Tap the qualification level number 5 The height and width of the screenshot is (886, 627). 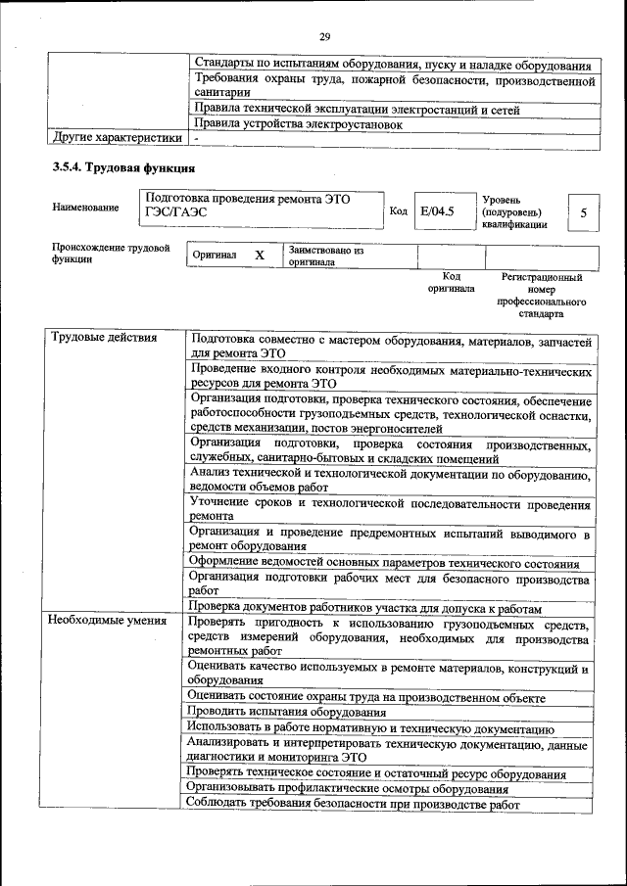(584, 211)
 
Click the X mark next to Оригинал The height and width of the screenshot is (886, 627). (260, 255)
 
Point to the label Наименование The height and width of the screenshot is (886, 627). (86, 208)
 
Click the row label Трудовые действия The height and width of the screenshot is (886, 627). (103, 338)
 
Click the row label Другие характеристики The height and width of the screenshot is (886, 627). (117, 138)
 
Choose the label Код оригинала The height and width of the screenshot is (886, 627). (451, 283)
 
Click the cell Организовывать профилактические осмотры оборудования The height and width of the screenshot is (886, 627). (348, 788)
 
